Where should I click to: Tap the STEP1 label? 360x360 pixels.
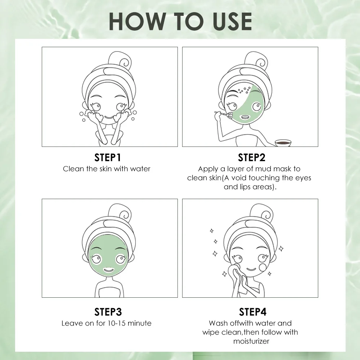[107, 158]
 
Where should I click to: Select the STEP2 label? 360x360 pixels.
[252, 158]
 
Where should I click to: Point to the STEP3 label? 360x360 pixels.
[108, 312]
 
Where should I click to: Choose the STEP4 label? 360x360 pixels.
[253, 312]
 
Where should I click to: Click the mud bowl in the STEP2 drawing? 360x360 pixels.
[283, 143]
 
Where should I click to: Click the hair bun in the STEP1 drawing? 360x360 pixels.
[120, 60]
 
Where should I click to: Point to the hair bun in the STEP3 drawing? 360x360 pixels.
[120, 213]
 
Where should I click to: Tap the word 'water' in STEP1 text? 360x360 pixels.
[140, 169]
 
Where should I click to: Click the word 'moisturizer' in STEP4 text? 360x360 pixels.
[251, 341]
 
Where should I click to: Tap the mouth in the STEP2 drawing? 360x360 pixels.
[245, 117]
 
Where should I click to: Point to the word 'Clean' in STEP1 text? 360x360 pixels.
[73, 169]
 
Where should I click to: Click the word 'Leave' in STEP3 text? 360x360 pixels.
[72, 323]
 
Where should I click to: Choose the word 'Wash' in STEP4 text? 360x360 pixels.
[218, 323]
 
